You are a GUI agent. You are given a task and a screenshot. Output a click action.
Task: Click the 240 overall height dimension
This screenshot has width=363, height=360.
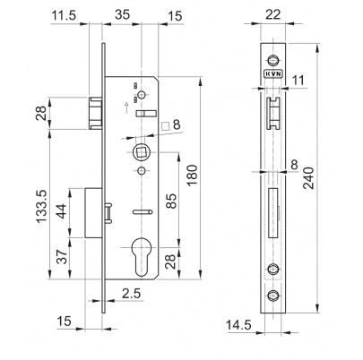click(x=308, y=178)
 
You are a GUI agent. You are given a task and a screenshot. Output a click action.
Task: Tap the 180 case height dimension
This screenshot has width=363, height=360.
click(x=192, y=175)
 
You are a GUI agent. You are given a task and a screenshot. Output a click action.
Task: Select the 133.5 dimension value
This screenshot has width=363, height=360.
click(x=41, y=206)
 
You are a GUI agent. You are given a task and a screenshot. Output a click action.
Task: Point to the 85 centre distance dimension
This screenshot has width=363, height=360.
click(x=171, y=201)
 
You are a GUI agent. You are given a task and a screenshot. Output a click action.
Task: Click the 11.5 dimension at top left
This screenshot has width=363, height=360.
click(x=65, y=15)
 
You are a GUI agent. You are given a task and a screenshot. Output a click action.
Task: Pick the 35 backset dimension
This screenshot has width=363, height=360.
click(x=123, y=14)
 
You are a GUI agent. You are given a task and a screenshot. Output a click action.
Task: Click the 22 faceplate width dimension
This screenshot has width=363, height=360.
click(x=273, y=14)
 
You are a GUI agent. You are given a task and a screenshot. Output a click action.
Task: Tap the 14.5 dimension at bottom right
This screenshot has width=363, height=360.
click(x=238, y=324)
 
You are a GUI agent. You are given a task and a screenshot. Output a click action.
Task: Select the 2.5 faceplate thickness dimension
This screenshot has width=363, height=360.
click(x=131, y=294)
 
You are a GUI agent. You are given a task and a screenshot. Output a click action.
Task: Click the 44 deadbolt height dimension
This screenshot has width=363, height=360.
click(x=61, y=211)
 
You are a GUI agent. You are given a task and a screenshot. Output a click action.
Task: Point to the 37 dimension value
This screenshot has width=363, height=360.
click(x=62, y=257)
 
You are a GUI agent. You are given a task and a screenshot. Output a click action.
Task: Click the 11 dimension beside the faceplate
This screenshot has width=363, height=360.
click(x=298, y=81)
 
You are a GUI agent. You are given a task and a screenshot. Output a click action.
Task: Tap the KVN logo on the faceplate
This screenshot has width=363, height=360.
click(x=273, y=73)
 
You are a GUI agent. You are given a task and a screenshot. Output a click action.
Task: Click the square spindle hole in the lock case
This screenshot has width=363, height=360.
click(x=140, y=152)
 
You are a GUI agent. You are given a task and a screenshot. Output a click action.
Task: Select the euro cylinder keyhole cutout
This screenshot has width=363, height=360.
click(x=141, y=257)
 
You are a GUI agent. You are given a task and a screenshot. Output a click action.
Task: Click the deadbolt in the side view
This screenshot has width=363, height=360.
click(x=94, y=212)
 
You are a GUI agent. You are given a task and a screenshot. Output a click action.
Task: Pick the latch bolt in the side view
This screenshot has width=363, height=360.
click(x=96, y=113)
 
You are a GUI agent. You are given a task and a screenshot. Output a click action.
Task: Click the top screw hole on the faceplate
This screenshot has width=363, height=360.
click(x=272, y=60)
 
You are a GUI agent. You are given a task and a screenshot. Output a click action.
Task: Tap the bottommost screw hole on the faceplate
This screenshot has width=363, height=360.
click(x=272, y=295)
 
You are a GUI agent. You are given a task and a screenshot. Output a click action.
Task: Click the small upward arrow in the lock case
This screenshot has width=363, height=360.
click(x=126, y=107)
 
